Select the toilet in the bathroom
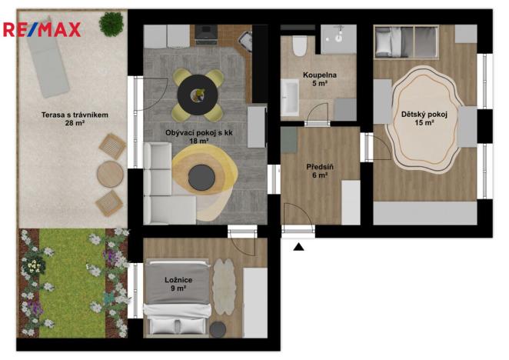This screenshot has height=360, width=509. tap(298, 45)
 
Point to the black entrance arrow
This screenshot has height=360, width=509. tap(298, 246)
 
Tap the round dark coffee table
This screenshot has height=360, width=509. tap(201, 177)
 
